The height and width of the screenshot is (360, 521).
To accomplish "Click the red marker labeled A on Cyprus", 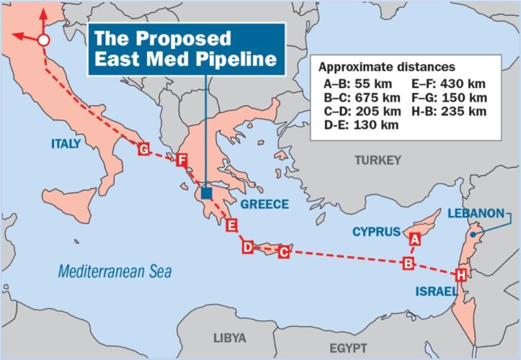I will pyautogui.click(x=414, y=238).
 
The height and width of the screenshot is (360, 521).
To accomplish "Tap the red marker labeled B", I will pyautogui.click(x=408, y=263).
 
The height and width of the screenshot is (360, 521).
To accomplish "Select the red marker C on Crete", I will pyautogui.click(x=284, y=252).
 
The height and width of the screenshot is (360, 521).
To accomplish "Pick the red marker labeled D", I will pyautogui.click(x=247, y=247).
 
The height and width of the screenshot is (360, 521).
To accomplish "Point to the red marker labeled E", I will pyautogui.click(x=231, y=226).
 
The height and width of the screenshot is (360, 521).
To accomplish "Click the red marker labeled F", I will pyautogui.click(x=181, y=160).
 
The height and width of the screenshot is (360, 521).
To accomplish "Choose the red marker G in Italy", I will pyautogui.click(x=143, y=149).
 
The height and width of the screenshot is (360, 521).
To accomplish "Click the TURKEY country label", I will pyautogui.click(x=377, y=161).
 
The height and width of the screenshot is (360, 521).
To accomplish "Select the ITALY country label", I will pyautogui.click(x=66, y=145).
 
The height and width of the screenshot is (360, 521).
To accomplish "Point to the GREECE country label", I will pyautogui.click(x=264, y=204).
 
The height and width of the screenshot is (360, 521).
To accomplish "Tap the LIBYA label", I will pyautogui.click(x=230, y=338).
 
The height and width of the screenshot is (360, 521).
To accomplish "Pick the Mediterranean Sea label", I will pyautogui.click(x=115, y=272).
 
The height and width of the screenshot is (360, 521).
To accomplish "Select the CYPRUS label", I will pyautogui.click(x=376, y=232).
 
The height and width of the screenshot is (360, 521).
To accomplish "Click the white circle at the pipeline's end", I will pyautogui.click(x=43, y=41).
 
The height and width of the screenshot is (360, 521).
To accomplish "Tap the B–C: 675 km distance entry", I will pyautogui.click(x=362, y=97).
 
